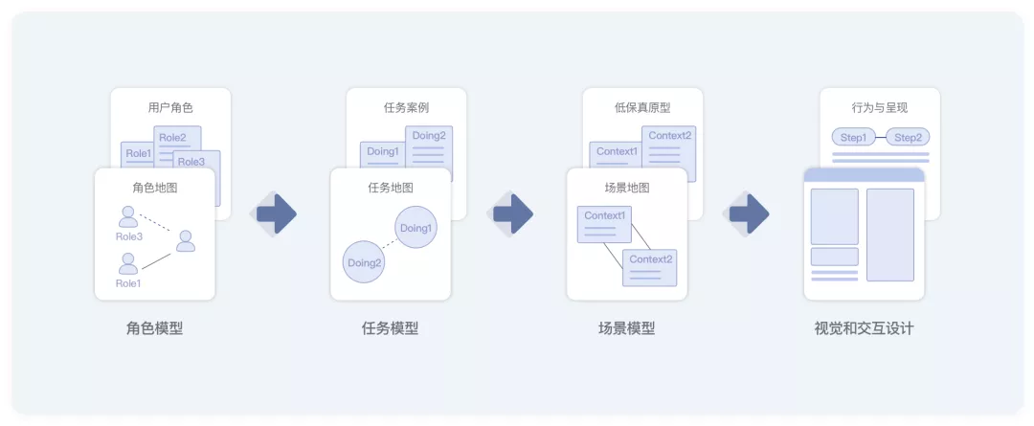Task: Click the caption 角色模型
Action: point(154,328)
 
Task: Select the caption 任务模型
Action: point(390,328)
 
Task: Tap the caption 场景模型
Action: point(626,328)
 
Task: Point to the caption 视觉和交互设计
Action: point(864,328)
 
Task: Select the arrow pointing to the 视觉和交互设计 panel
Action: point(749,213)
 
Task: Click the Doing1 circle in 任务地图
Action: point(416,229)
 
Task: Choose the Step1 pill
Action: point(852,138)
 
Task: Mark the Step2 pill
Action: point(908,138)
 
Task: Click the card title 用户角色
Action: point(170,108)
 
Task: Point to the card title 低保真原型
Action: point(642,108)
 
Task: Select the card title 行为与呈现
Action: point(879,108)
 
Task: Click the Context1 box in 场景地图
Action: point(604,224)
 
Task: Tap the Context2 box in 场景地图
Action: point(650,267)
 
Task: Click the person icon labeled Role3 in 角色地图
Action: point(128,216)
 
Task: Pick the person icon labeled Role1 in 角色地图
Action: point(128,263)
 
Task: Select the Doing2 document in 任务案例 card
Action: point(429,144)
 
